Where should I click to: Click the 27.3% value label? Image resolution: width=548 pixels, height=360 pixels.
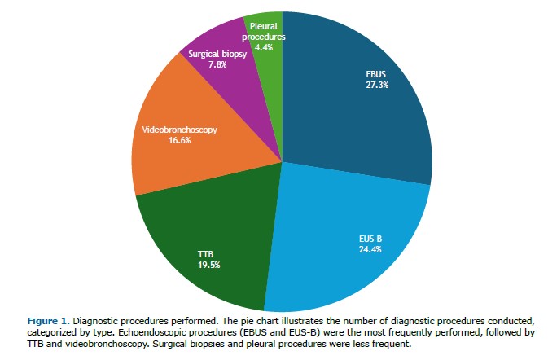point(378,84)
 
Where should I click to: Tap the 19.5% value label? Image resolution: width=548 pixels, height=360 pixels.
point(209,264)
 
